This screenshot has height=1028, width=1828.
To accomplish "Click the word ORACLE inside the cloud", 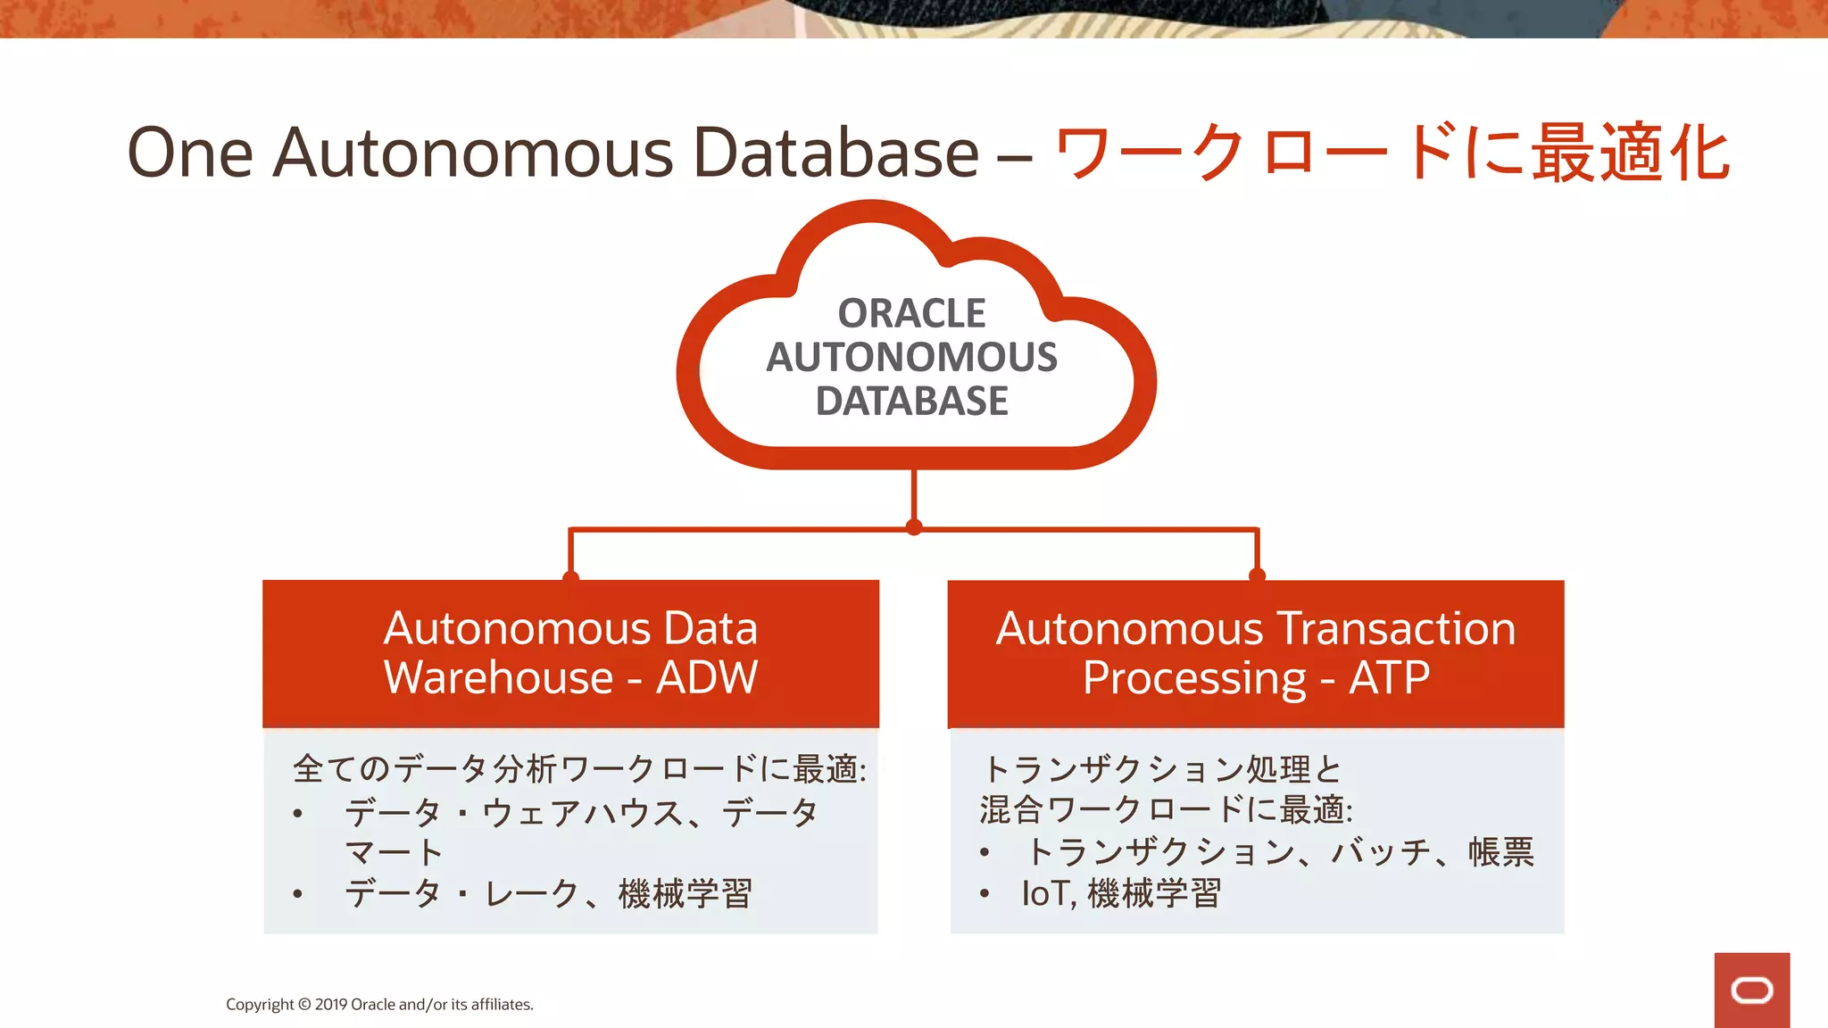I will (911, 313).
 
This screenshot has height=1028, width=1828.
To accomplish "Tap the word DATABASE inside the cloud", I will (911, 401).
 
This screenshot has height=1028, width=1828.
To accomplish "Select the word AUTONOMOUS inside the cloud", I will (911, 357).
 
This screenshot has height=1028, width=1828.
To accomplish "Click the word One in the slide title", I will (190, 153).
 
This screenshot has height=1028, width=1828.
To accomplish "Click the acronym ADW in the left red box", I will (707, 677).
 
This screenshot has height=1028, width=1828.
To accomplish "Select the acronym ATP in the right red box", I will (1389, 677).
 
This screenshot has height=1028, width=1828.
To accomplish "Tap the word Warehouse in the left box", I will (498, 677).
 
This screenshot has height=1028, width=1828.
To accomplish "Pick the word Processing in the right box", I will (1194, 678).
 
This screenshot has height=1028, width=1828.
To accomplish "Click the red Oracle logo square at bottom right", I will (1751, 990).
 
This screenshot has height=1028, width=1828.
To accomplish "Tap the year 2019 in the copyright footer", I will (331, 1005).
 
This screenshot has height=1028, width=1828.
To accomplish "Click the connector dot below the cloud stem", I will (913, 527).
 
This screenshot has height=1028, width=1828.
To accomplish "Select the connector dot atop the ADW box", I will (571, 577).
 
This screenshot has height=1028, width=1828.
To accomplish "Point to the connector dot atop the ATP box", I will (1257, 576).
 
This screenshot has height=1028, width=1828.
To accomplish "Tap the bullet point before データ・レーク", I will (297, 893).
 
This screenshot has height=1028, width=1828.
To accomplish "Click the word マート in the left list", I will (394, 852).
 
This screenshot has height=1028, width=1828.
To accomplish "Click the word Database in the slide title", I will (835, 153).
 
